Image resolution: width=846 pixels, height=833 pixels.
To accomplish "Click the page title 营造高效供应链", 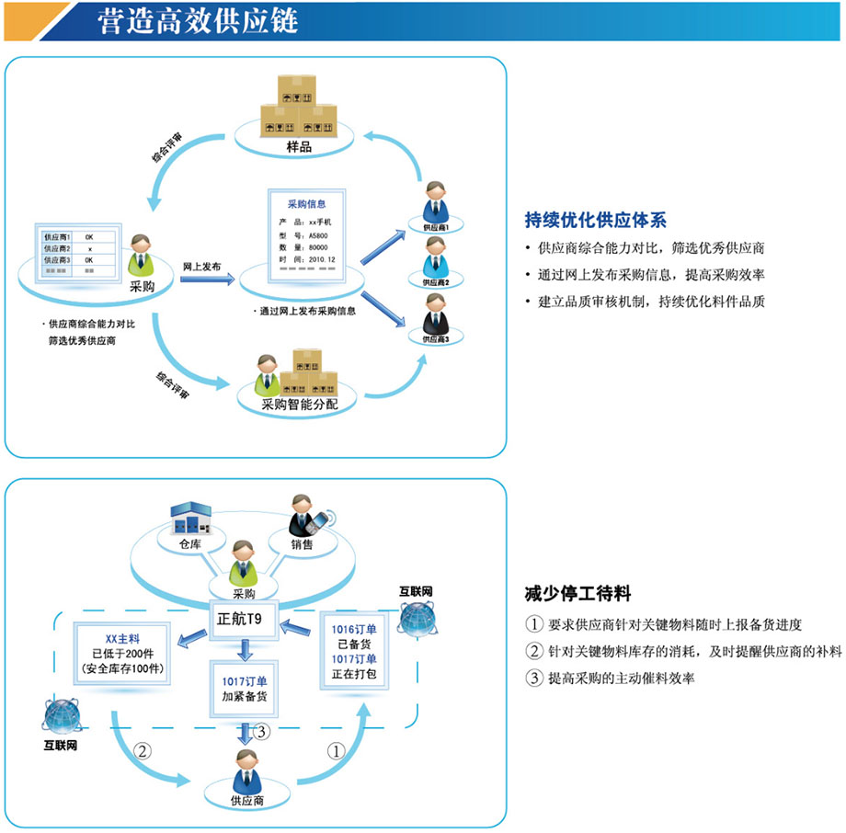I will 199,20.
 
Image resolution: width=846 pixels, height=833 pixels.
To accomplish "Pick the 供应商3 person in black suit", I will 437,314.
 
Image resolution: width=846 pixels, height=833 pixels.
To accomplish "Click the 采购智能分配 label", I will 299,402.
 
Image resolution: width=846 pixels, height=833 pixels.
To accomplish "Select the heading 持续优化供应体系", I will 595,220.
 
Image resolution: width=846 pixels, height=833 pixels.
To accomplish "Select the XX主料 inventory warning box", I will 123,652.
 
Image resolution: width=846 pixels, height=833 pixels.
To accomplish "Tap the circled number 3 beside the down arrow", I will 263,732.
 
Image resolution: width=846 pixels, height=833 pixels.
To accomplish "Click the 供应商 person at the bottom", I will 246,770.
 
